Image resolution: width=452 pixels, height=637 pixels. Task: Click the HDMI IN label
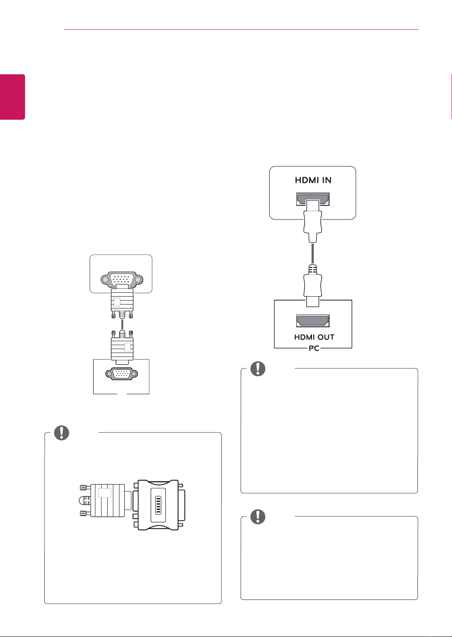point(313,180)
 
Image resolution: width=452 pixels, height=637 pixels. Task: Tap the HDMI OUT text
point(314,337)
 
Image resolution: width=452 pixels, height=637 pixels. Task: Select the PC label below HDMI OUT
point(314,348)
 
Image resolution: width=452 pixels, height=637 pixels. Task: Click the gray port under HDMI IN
point(313,199)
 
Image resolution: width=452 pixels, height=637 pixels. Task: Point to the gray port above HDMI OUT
point(313,321)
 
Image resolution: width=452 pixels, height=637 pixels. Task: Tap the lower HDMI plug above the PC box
point(313,286)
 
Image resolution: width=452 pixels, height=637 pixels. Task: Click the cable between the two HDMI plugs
point(313,254)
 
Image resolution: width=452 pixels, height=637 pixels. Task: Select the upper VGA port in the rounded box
point(122,279)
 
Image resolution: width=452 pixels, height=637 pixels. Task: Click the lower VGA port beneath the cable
point(122,374)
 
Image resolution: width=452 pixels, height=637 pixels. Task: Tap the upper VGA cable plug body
point(122,301)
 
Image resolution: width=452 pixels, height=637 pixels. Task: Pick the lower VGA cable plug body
point(122,347)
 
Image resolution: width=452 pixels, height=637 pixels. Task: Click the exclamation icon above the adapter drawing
point(62,433)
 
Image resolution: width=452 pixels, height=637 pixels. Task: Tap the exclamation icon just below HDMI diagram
point(258,369)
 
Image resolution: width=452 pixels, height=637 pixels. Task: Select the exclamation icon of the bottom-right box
point(258,517)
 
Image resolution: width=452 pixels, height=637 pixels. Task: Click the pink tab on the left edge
point(12,97)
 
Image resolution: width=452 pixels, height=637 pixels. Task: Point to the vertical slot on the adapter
point(158,505)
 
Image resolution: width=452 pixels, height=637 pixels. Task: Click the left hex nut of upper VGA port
point(105,280)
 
